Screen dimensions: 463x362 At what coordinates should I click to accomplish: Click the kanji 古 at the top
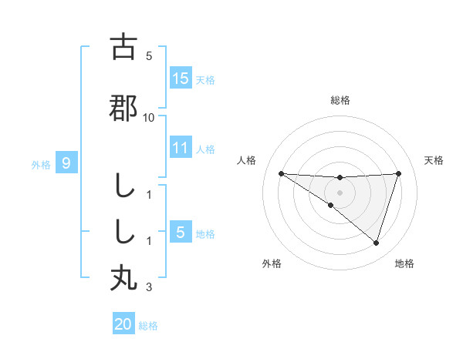[x=123, y=47]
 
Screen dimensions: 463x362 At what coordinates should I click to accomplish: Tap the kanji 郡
[x=123, y=109]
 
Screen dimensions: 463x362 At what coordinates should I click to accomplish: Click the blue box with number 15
[x=181, y=79]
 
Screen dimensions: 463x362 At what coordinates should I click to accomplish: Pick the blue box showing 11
[x=181, y=148]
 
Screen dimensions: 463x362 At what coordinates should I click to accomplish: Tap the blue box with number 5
[x=181, y=233]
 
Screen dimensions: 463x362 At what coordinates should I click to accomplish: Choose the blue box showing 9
[x=66, y=163]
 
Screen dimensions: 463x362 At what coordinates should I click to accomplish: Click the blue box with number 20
[x=123, y=324]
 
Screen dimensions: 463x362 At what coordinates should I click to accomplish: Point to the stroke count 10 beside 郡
[x=149, y=118]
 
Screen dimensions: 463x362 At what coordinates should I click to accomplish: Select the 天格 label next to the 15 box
[x=205, y=80]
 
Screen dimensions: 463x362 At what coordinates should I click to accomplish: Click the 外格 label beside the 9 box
[x=41, y=164]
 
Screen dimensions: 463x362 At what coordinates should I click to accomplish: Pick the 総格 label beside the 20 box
[x=148, y=326]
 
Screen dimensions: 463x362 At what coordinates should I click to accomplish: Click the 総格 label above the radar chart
[x=340, y=100]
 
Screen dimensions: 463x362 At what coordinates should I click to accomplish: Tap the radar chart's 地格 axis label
[x=404, y=263]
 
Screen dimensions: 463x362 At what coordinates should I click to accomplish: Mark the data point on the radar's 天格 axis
[x=399, y=173]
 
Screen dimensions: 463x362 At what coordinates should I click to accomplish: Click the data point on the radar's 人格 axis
[x=281, y=173]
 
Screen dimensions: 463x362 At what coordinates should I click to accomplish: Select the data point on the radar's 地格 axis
[x=376, y=243]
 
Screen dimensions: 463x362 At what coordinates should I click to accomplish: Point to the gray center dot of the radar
[x=340, y=193]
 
